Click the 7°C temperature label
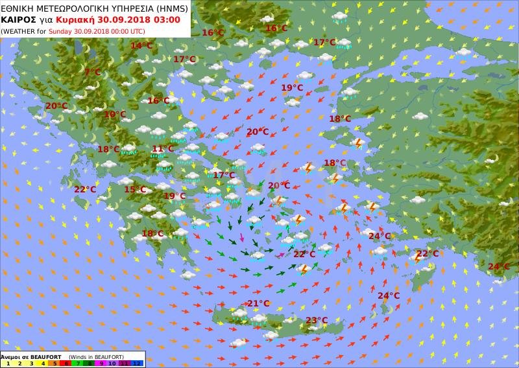(92, 72)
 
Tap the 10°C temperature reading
(115, 114)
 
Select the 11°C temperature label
(162, 148)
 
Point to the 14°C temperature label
(141, 45)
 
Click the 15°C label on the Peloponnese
(135, 189)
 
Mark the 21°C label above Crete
(258, 303)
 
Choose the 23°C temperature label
(317, 320)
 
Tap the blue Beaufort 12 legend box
(136, 363)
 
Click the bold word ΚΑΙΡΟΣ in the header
(18, 19)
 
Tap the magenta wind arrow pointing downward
(243, 237)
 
